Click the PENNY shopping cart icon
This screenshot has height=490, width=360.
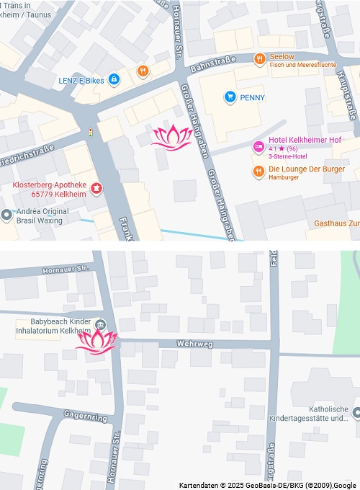(230, 97)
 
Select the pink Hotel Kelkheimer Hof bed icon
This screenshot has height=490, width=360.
(258, 147)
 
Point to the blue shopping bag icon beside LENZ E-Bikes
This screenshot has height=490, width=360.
(114, 80)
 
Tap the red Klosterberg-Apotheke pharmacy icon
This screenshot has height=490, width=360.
(96, 190)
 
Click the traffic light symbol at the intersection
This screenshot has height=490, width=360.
(90, 133)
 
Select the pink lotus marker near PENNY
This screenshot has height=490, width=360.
(171, 137)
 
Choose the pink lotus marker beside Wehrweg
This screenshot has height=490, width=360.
(96, 341)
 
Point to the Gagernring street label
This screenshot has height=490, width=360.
(85, 417)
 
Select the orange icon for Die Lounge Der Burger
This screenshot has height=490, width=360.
(258, 171)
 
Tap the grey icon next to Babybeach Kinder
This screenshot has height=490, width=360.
(100, 325)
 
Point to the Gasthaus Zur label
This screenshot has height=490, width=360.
(336, 223)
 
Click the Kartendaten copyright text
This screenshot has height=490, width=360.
(267, 485)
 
